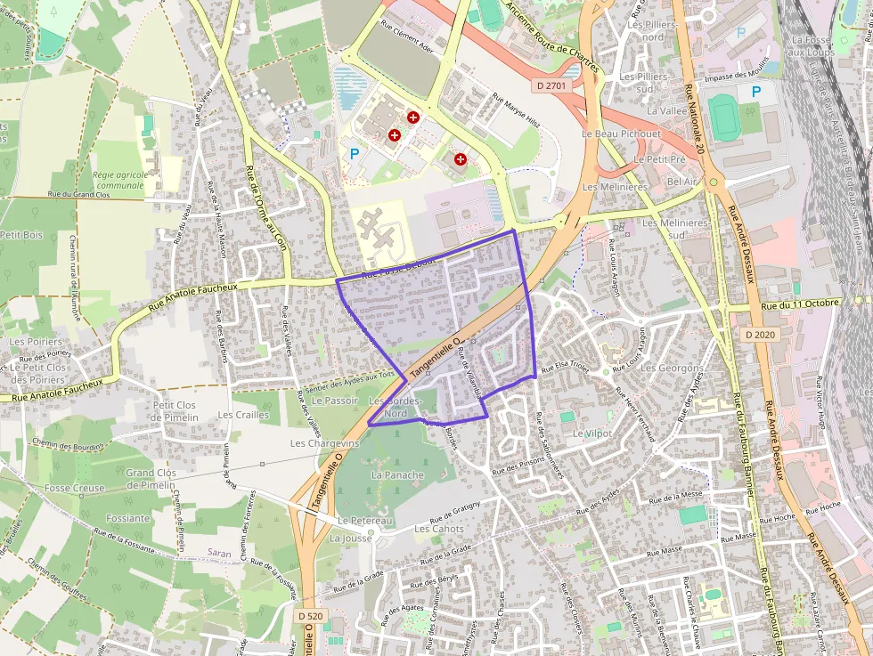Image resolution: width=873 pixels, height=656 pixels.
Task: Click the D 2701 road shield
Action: point(551,85)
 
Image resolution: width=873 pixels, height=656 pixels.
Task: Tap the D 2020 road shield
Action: point(760,334)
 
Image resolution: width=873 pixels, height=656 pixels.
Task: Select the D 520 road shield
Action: point(311,616)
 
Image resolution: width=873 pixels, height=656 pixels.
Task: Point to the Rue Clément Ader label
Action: point(407,37)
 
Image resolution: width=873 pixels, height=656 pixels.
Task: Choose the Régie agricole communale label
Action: point(118,181)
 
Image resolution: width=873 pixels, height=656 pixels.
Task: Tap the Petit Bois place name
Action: point(21,235)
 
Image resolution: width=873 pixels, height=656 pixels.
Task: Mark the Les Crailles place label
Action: point(243,415)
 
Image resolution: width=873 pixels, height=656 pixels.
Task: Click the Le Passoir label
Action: point(335,401)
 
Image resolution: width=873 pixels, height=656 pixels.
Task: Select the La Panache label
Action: point(397,475)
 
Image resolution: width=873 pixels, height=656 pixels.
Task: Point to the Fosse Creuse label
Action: point(75,488)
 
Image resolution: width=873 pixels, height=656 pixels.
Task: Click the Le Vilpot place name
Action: point(592,433)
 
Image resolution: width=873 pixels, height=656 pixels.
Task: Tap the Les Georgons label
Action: point(672,368)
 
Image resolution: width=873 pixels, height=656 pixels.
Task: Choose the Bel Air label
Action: point(681,181)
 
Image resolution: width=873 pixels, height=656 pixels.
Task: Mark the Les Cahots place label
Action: point(439,529)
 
